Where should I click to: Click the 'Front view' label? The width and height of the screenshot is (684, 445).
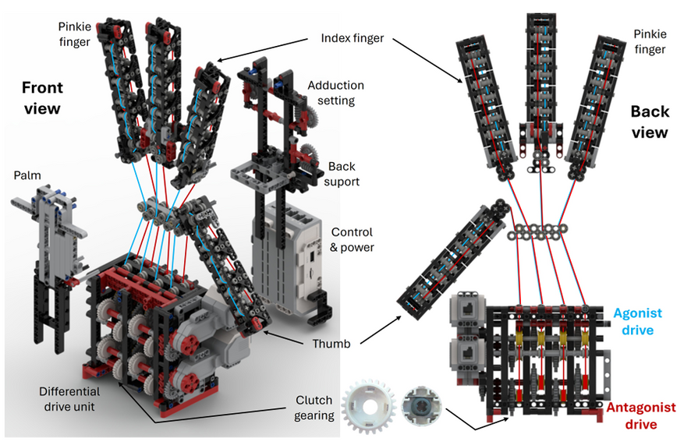point(41,97)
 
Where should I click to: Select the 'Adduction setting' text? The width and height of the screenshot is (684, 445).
point(336,93)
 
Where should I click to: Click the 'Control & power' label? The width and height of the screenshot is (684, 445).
point(352,239)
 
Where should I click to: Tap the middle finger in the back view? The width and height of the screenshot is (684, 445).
point(544,86)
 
